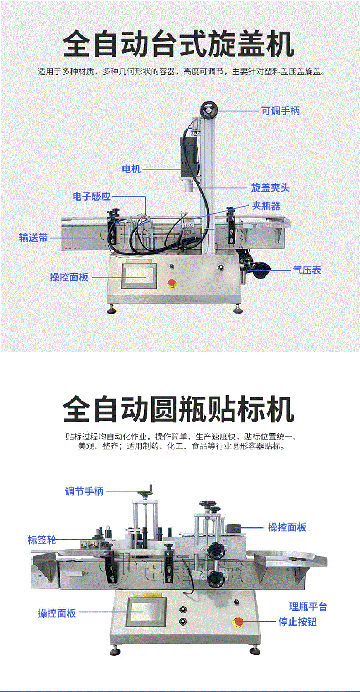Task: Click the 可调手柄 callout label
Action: click(x=280, y=111)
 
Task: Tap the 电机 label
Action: click(x=131, y=169)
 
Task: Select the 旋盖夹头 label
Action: click(x=270, y=187)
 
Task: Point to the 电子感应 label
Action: click(x=92, y=196)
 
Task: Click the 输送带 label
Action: click(x=33, y=238)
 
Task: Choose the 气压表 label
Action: click(x=307, y=270)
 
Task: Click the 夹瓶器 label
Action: click(x=266, y=206)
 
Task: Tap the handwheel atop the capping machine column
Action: click(x=209, y=110)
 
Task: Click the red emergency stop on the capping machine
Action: click(x=171, y=283)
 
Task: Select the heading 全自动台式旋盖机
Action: click(x=178, y=44)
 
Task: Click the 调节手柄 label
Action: click(x=84, y=491)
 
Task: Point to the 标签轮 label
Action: click(x=42, y=540)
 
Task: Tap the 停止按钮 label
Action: click(x=297, y=622)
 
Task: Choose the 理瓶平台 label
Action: click(x=308, y=607)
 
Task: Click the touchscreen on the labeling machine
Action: click(x=146, y=612)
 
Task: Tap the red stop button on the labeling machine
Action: click(x=238, y=622)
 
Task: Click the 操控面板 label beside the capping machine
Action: click(x=69, y=277)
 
